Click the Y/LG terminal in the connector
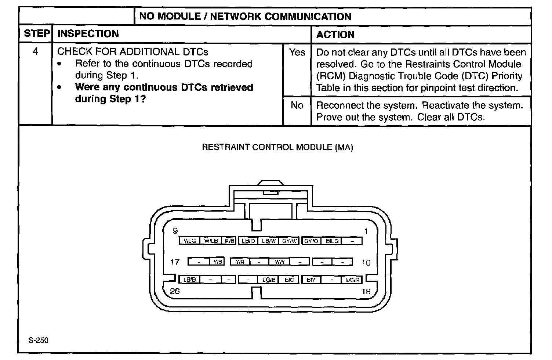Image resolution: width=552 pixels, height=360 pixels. [x=189, y=241]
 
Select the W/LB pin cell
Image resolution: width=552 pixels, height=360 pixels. [x=211, y=241]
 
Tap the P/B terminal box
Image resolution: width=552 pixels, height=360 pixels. [x=229, y=241]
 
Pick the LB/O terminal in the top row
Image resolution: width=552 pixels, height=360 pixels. [x=248, y=241]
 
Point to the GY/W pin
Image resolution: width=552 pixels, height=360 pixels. [x=290, y=241]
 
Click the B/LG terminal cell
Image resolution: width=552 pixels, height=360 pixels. [x=332, y=241]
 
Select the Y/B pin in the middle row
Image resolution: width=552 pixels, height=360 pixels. [x=218, y=262]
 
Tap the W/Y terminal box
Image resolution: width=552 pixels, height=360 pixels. [x=279, y=262]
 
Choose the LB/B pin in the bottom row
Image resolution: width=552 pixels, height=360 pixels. [x=189, y=280]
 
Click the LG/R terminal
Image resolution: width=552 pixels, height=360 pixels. [x=352, y=280]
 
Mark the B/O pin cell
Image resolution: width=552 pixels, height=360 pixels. [x=289, y=280]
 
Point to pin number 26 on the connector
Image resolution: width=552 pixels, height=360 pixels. [x=175, y=291]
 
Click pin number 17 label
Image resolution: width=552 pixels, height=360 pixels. [x=175, y=262]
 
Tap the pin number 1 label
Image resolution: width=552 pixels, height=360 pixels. [x=366, y=231]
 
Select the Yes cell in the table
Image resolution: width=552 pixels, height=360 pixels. [x=297, y=53]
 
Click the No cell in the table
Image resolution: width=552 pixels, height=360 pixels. [x=297, y=105]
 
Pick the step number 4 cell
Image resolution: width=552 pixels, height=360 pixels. [x=36, y=52]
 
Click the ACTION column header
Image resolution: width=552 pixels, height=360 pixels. [x=335, y=35]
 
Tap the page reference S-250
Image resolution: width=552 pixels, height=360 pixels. [x=39, y=340]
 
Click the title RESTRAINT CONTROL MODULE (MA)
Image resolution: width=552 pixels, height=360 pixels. [x=277, y=147]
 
